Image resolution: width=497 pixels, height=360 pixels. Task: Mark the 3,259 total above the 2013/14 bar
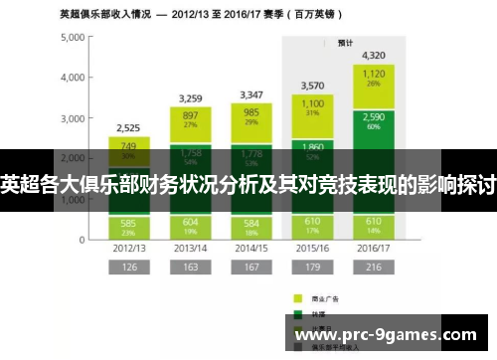192,98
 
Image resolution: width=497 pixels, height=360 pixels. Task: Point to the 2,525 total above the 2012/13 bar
128,127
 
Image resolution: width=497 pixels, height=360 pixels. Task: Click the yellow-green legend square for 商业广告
297,296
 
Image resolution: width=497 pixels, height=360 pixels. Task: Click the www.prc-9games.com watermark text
391,334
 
